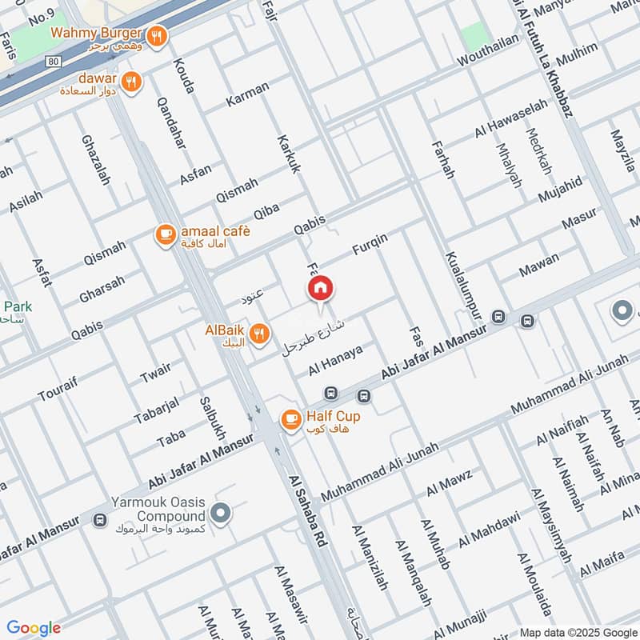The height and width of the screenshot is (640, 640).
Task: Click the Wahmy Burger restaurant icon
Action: [158, 35]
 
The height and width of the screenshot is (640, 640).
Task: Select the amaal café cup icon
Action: [165, 234]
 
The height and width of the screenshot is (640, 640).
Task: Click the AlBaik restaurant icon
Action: [258, 334]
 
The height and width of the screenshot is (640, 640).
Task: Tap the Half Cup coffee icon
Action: [290, 418]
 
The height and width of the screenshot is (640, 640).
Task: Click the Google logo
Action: [34, 628]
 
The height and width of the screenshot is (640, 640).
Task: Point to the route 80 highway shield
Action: [52, 60]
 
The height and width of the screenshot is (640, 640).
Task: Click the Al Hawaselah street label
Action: [512, 118]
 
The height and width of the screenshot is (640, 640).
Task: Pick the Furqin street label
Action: [370, 244]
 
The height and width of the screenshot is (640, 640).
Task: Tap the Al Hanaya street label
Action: [335, 361]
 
